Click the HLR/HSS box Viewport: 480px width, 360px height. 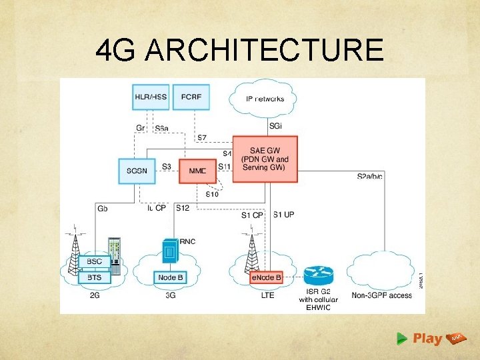coord(151,97)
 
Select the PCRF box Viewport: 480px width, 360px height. coord(191,97)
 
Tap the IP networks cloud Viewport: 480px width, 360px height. coord(265,99)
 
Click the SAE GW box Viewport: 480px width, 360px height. coord(265,159)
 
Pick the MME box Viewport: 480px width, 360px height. coord(198,171)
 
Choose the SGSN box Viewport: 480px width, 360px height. coord(137,171)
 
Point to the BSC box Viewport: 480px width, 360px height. coord(94,261)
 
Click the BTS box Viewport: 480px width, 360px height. coord(94,276)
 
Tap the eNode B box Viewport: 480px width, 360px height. coord(266,277)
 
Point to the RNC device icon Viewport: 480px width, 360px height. coord(170,251)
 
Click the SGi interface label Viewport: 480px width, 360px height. coord(275,125)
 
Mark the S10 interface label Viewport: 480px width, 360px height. coord(212,194)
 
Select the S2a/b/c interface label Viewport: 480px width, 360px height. coord(369,176)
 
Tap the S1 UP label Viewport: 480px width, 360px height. coord(283,214)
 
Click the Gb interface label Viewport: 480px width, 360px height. coord(103,209)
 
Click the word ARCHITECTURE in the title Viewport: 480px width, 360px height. coord(264,50)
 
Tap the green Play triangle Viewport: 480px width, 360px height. coord(401,339)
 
